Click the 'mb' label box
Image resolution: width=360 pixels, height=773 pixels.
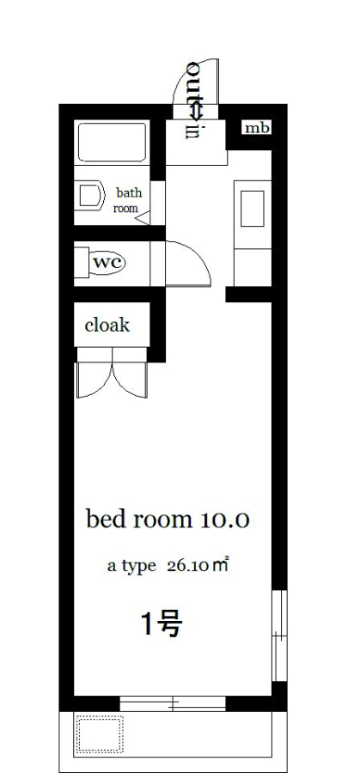tap(258, 128)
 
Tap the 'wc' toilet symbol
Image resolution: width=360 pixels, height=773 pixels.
tap(107, 262)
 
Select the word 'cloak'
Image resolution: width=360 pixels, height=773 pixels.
tap(107, 325)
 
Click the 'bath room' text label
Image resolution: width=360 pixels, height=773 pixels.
tap(128, 199)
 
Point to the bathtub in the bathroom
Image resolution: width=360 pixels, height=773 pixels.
tap(113, 142)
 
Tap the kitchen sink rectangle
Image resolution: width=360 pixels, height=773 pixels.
tap(253, 208)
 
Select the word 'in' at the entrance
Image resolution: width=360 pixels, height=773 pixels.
tap(192, 130)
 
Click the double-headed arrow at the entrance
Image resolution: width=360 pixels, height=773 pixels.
tap(197, 111)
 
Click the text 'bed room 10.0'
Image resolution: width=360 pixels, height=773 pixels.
tap(168, 520)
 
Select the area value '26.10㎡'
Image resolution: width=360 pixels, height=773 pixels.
tap(198, 565)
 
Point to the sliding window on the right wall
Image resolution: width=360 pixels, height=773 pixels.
tap(279, 636)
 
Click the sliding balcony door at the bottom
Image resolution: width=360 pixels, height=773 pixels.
tap(173, 703)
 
